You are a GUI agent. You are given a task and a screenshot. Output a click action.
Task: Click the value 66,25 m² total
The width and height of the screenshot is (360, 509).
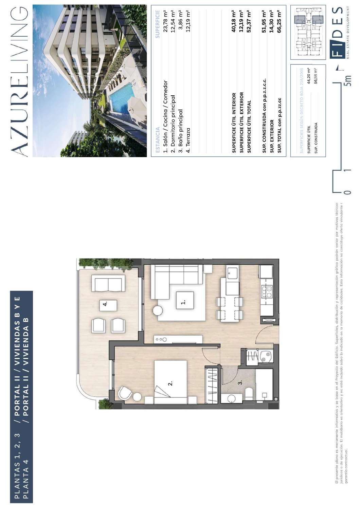279,21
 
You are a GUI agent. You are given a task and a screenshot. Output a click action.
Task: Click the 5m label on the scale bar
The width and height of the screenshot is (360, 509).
347,80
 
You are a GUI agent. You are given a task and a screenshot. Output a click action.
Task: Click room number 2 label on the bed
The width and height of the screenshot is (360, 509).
170,383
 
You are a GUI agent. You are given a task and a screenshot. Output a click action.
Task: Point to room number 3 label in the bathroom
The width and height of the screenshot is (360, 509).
240,382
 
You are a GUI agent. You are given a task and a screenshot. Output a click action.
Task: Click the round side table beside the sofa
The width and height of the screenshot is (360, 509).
158,310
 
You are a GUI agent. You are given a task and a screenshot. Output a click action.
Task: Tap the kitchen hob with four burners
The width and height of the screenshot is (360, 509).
267,292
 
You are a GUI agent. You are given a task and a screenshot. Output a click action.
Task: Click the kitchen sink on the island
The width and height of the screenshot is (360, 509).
233,273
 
